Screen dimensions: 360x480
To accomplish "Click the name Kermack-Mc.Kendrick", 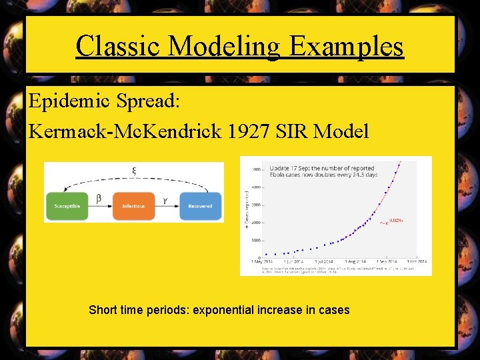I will click(125, 131).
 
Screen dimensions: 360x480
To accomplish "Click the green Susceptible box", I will click(67, 206).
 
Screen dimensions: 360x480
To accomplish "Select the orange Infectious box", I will click(133, 206).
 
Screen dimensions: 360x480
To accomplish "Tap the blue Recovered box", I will click(200, 206).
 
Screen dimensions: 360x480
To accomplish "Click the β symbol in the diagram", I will click(99, 198).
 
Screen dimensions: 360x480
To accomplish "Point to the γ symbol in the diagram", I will click(165, 199).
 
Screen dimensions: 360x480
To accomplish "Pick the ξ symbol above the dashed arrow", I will click(134, 171).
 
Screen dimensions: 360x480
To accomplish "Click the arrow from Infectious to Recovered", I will click(167, 207).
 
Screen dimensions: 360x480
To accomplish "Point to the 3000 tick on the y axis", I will click(255, 205).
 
